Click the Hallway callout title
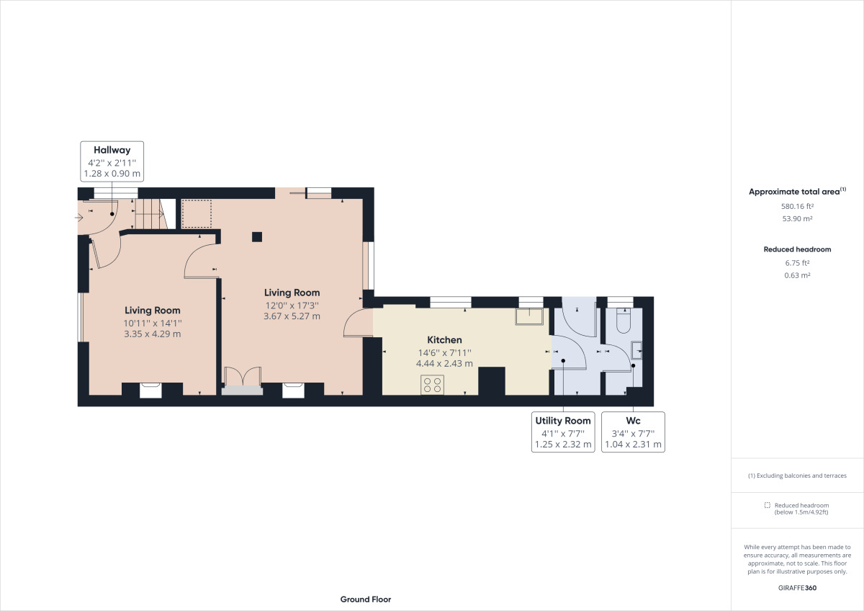click(x=112, y=150)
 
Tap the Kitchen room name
click(x=444, y=339)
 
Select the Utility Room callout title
click(x=563, y=420)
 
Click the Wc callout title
click(x=633, y=420)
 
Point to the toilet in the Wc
click(x=624, y=321)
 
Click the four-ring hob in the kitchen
click(x=432, y=385)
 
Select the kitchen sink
click(x=529, y=316)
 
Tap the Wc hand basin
click(x=636, y=350)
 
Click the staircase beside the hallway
click(x=150, y=214)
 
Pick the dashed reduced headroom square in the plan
click(x=197, y=213)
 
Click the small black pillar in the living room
click(x=257, y=236)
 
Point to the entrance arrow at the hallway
click(x=78, y=218)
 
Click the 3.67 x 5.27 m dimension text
click(x=292, y=316)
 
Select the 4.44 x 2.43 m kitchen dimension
click(x=444, y=363)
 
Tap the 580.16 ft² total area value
click(x=797, y=206)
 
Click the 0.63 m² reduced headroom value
click(x=797, y=275)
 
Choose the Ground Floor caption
click(x=366, y=599)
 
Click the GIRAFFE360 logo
click(x=797, y=588)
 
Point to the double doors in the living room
click(x=243, y=376)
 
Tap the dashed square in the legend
click(x=768, y=505)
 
